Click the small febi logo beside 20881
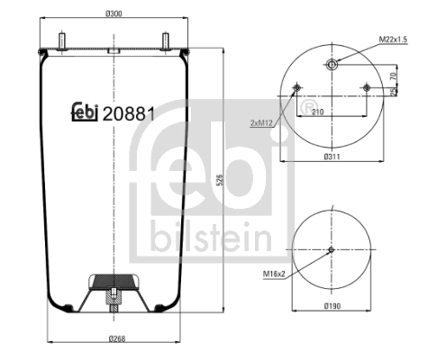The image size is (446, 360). (86, 113)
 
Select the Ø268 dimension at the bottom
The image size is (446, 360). (115, 338)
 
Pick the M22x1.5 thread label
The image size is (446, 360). (394, 40)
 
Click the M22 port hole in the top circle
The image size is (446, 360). (332, 63)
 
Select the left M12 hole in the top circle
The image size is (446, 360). (296, 87)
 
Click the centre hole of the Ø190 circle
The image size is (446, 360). (332, 250)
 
